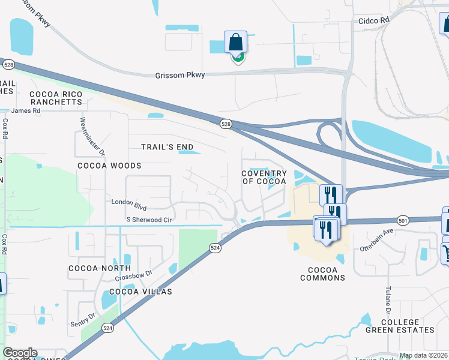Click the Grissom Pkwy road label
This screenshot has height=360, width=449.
coord(180,75)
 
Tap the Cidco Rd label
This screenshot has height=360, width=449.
coord(374,20)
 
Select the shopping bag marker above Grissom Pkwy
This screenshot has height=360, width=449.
coord(236,43)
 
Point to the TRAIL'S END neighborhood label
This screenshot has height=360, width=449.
coord(167,147)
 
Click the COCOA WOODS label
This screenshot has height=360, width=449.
coord(109,165)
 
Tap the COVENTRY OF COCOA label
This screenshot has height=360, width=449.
coord(264,177)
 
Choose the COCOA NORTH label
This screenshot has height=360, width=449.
coord(100,268)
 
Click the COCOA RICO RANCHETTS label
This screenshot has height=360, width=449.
coord(55,98)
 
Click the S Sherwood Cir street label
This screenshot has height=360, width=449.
coord(149,220)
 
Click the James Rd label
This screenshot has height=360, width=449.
coord(25,110)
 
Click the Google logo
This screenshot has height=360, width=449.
coord(20,353)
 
